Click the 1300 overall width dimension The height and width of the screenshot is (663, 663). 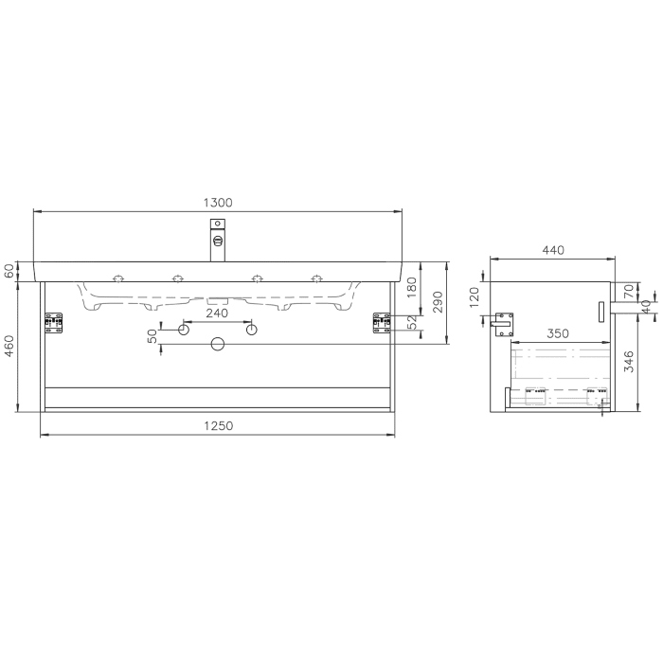[218, 203]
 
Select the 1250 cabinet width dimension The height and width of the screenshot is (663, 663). [218, 426]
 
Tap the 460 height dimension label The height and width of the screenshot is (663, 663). [9, 347]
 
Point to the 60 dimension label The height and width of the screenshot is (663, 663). [9, 271]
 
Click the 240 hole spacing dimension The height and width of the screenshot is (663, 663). [217, 314]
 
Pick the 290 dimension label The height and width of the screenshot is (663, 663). [439, 302]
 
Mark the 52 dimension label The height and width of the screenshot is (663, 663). [412, 323]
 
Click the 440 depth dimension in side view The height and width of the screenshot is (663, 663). [553, 250]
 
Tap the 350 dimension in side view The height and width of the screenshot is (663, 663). [557, 333]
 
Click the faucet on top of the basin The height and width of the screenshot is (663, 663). [218, 239]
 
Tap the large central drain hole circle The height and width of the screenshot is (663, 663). [217, 344]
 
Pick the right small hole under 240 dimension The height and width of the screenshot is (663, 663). [251, 330]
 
